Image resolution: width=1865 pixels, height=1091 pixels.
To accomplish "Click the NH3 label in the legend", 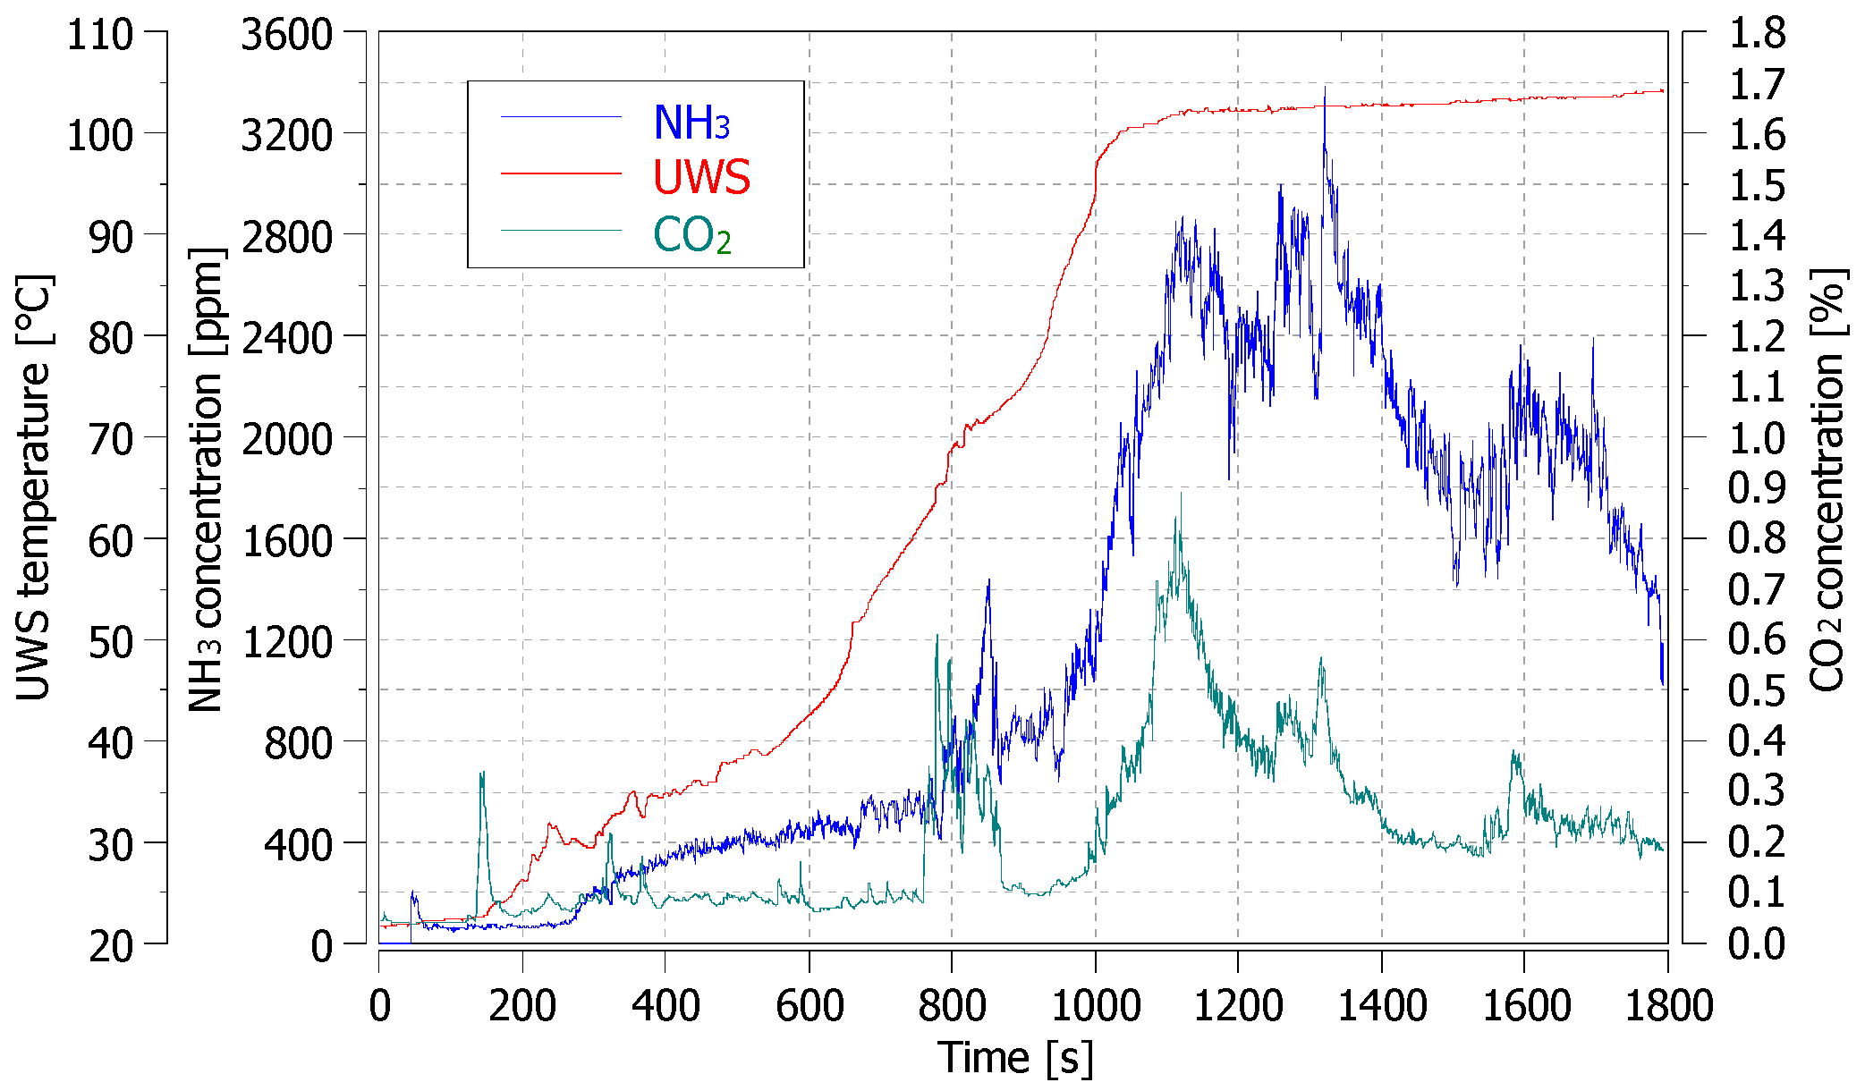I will coord(691,123).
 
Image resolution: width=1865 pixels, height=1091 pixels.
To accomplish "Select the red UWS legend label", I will coord(701,177).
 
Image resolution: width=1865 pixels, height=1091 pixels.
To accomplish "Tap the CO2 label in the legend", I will coord(691,236).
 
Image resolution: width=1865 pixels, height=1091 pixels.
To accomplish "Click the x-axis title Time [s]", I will coord(1015,1058).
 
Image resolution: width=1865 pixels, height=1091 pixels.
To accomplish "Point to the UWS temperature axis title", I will coord(34,487).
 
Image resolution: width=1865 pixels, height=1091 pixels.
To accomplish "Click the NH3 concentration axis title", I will coord(207,480).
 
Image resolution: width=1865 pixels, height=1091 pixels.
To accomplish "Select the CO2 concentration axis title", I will coord(1827,480).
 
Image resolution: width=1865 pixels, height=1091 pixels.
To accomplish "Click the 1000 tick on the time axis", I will coord(1095,1006).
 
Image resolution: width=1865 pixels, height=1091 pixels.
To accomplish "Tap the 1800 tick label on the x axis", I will coord(1668,1006).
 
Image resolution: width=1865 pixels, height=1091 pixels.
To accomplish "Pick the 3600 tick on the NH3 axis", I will coord(286,35).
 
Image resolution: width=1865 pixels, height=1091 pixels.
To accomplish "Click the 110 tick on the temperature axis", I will coord(100,35).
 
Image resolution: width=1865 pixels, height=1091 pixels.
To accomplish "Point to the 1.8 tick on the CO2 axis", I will coord(1757,35).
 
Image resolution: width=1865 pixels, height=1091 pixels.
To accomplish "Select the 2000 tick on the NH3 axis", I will coord(286,439).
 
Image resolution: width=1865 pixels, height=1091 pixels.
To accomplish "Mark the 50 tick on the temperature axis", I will coord(111,642).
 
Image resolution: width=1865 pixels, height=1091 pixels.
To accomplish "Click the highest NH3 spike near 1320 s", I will coord(1325,88).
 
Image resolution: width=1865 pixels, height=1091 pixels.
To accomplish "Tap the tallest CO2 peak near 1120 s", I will coord(1180,494).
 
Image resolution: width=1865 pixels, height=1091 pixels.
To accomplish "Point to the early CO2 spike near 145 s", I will coord(482,773).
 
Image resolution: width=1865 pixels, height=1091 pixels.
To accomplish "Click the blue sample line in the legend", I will coord(561,117).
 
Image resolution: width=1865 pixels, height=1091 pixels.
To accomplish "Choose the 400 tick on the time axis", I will coord(665,1006).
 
